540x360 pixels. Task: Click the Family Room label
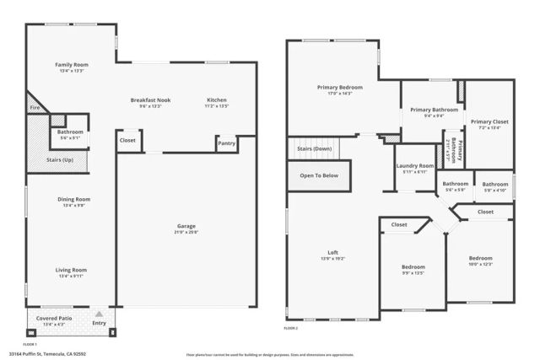pyautogui.click(x=72, y=65)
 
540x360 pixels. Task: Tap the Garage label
pyautogui.click(x=186, y=226)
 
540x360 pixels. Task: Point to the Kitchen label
pyautogui.click(x=216, y=100)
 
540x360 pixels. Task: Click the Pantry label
pyautogui.click(x=226, y=143)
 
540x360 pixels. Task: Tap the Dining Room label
pyautogui.click(x=73, y=199)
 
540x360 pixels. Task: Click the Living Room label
pyautogui.click(x=73, y=270)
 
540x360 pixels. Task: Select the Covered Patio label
pyautogui.click(x=54, y=318)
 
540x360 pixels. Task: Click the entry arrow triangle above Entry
pyautogui.click(x=99, y=313)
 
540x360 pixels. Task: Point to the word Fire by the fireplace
pyautogui.click(x=35, y=108)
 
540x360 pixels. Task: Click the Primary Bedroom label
pyautogui.click(x=340, y=87)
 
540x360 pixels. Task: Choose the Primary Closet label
pyautogui.click(x=489, y=121)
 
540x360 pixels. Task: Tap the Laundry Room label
pyautogui.click(x=414, y=166)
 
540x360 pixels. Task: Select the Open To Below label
pyautogui.click(x=319, y=175)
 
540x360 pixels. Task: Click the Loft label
pyautogui.click(x=333, y=252)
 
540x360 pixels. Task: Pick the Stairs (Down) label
pyautogui.click(x=314, y=148)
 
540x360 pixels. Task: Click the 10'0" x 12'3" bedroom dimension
pyautogui.click(x=480, y=265)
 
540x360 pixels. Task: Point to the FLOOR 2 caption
pyautogui.click(x=290, y=327)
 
